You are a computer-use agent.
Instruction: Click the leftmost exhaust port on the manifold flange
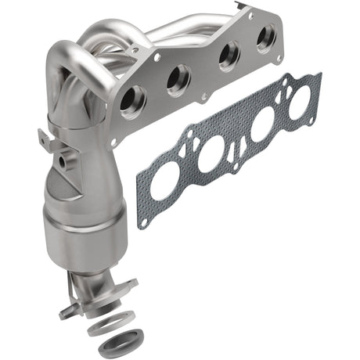(x=132, y=101)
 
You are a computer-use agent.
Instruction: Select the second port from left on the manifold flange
(x=178, y=80)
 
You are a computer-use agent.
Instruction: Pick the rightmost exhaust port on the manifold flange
(x=266, y=38)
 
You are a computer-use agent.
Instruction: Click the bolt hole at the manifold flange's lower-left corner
(x=114, y=141)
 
